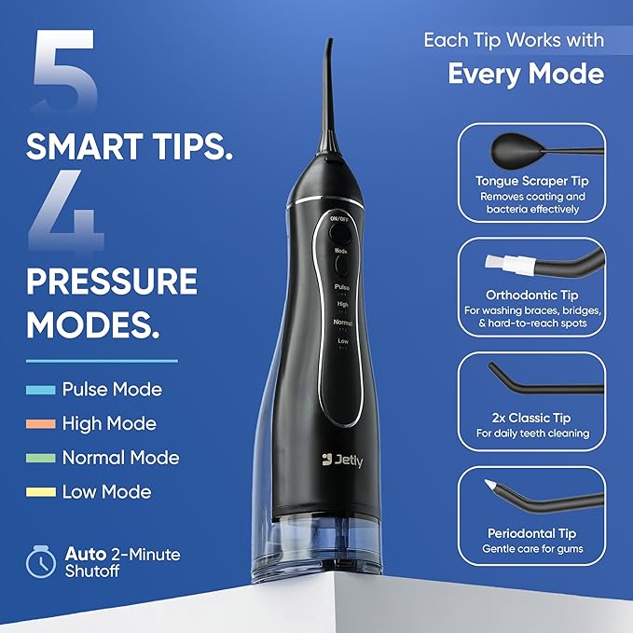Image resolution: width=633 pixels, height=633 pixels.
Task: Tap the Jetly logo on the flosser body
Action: tap(342, 459)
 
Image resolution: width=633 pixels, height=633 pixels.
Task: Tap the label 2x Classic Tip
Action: tap(532, 418)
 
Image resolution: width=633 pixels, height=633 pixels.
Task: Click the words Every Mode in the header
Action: tap(526, 74)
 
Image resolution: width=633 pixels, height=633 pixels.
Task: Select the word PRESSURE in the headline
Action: tap(112, 282)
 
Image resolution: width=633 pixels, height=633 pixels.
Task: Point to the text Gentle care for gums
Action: tap(532, 548)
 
